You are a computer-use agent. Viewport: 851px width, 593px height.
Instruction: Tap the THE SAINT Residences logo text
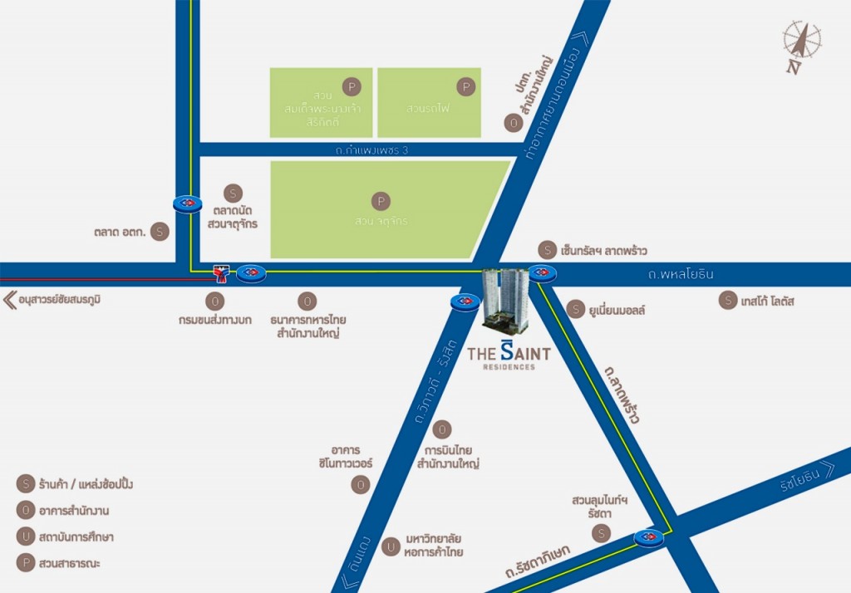coord(509,355)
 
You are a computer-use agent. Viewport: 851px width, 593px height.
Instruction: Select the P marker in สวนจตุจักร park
coord(381,201)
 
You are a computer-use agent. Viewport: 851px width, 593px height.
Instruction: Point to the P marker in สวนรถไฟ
coord(466,86)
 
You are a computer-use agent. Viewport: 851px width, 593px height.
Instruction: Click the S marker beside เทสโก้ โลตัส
coord(727,301)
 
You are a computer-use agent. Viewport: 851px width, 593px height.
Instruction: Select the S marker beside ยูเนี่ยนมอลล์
coord(575,310)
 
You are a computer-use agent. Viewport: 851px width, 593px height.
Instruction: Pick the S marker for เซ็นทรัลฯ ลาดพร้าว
coord(547,249)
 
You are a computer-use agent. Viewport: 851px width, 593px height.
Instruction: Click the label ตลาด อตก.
coord(121,233)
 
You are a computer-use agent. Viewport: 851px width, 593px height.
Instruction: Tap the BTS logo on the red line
coord(221,272)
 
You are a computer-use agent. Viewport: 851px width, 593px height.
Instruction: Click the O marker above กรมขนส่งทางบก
coord(216,301)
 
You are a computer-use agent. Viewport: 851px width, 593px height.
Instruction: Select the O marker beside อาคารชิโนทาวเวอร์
coord(360,484)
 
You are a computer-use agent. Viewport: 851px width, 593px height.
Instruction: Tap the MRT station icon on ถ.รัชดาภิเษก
coord(648,538)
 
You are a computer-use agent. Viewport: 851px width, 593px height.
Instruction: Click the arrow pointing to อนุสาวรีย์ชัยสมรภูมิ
coord(9,300)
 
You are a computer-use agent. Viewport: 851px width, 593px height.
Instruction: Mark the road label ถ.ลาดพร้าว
coord(622,394)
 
